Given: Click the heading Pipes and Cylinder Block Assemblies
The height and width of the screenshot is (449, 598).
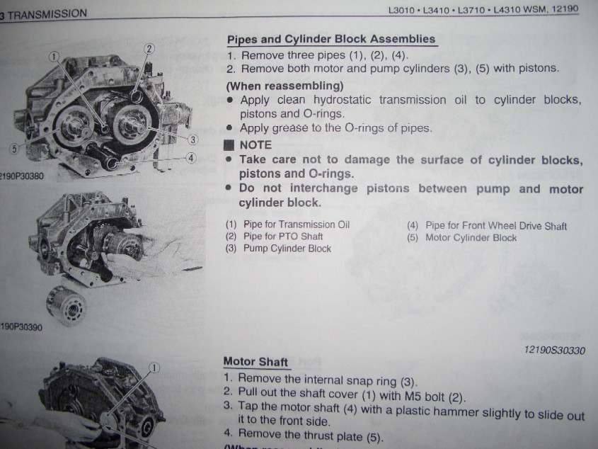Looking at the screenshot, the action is pyautogui.click(x=331, y=40).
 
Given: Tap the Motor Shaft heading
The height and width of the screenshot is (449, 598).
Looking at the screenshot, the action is pyautogui.click(x=255, y=361).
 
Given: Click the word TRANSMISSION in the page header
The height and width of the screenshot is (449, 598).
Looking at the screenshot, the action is pyautogui.click(x=47, y=14).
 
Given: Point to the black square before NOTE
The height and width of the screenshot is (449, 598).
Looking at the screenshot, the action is pyautogui.click(x=229, y=145).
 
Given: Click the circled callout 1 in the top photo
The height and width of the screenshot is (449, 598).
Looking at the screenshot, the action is pyautogui.click(x=54, y=57).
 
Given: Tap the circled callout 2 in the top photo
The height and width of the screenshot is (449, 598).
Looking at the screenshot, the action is pyautogui.click(x=149, y=49).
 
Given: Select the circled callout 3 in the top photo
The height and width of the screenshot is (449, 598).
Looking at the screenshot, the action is pyautogui.click(x=193, y=140).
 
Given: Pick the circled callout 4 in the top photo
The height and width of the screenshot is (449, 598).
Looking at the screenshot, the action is pyautogui.click(x=191, y=158).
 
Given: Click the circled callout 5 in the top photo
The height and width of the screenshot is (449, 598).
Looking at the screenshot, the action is pyautogui.click(x=14, y=149).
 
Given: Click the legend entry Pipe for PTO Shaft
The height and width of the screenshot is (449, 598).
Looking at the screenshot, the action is pyautogui.click(x=283, y=237).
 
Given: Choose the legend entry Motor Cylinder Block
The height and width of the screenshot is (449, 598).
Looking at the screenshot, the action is pyautogui.click(x=471, y=237).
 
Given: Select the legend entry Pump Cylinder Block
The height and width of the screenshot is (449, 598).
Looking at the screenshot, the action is pyautogui.click(x=287, y=249).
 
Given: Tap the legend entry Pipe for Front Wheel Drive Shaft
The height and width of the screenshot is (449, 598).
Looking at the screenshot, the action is pyautogui.click(x=496, y=226).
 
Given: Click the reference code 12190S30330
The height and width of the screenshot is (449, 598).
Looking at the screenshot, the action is pyautogui.click(x=555, y=350).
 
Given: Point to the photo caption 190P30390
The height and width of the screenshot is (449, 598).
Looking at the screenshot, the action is pyautogui.click(x=21, y=326).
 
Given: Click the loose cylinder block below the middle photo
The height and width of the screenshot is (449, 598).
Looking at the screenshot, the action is pyautogui.click(x=67, y=306).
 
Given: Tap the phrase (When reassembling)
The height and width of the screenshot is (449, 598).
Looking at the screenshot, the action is pyautogui.click(x=284, y=86).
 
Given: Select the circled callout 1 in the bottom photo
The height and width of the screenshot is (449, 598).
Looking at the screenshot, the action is pyautogui.click(x=154, y=368).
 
